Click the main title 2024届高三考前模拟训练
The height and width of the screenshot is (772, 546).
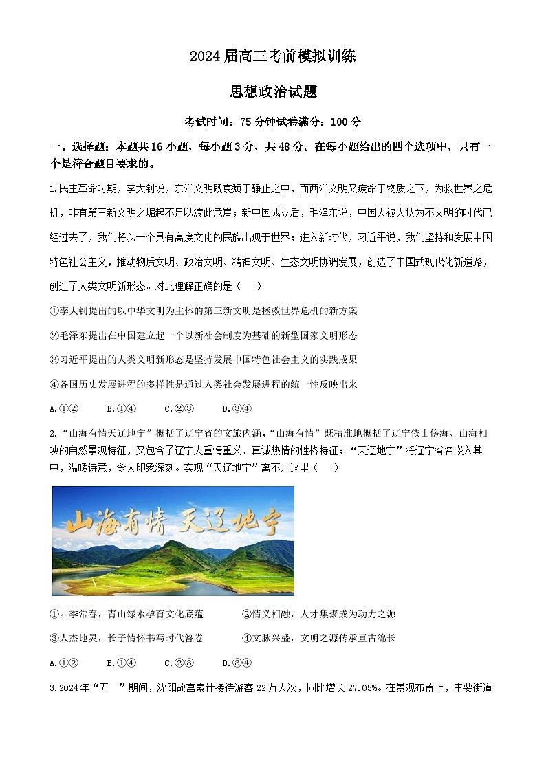pos(273,57)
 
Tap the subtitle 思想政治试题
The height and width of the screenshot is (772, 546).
pos(273,92)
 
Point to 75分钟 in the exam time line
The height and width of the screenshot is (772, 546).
pos(258,122)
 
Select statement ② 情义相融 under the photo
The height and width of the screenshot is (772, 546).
pos(319,613)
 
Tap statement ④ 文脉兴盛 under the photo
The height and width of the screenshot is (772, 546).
pos(319,638)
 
